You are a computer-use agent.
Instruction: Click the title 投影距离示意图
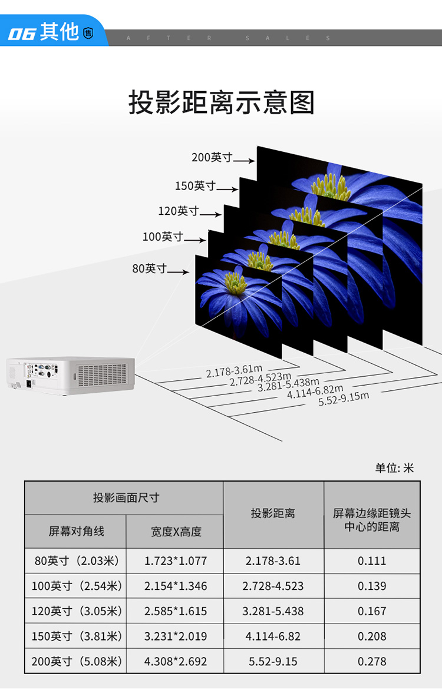(221, 102)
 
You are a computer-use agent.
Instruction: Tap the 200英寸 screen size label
(212, 157)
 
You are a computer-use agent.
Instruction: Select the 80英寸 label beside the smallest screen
(149, 268)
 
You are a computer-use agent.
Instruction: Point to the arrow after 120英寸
(210, 214)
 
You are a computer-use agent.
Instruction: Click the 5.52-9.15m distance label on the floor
(344, 399)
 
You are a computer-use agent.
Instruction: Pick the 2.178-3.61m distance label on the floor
(234, 371)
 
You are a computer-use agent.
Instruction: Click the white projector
(71, 375)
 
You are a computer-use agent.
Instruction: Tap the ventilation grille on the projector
(102, 375)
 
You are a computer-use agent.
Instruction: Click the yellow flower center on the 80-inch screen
(236, 283)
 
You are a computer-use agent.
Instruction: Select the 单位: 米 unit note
(394, 468)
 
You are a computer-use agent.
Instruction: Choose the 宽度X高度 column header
(176, 532)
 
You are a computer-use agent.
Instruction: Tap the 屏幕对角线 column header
(76, 532)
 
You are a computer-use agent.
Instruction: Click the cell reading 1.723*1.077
(176, 560)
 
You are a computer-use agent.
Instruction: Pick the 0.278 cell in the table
(372, 661)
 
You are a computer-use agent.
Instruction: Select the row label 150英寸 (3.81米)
(76, 636)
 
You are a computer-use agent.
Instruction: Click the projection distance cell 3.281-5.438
(273, 611)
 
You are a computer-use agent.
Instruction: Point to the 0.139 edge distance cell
(372, 586)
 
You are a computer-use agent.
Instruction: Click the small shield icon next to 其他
(88, 34)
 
